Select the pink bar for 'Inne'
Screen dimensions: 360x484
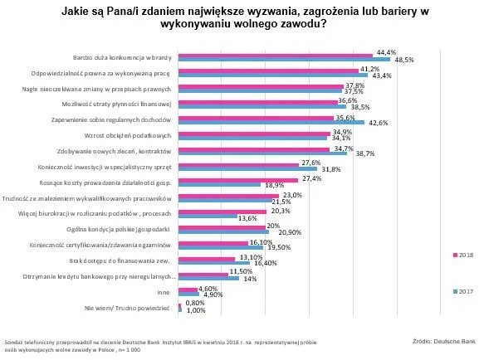click(188, 288)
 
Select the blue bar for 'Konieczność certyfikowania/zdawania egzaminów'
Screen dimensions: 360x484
click(221, 247)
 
